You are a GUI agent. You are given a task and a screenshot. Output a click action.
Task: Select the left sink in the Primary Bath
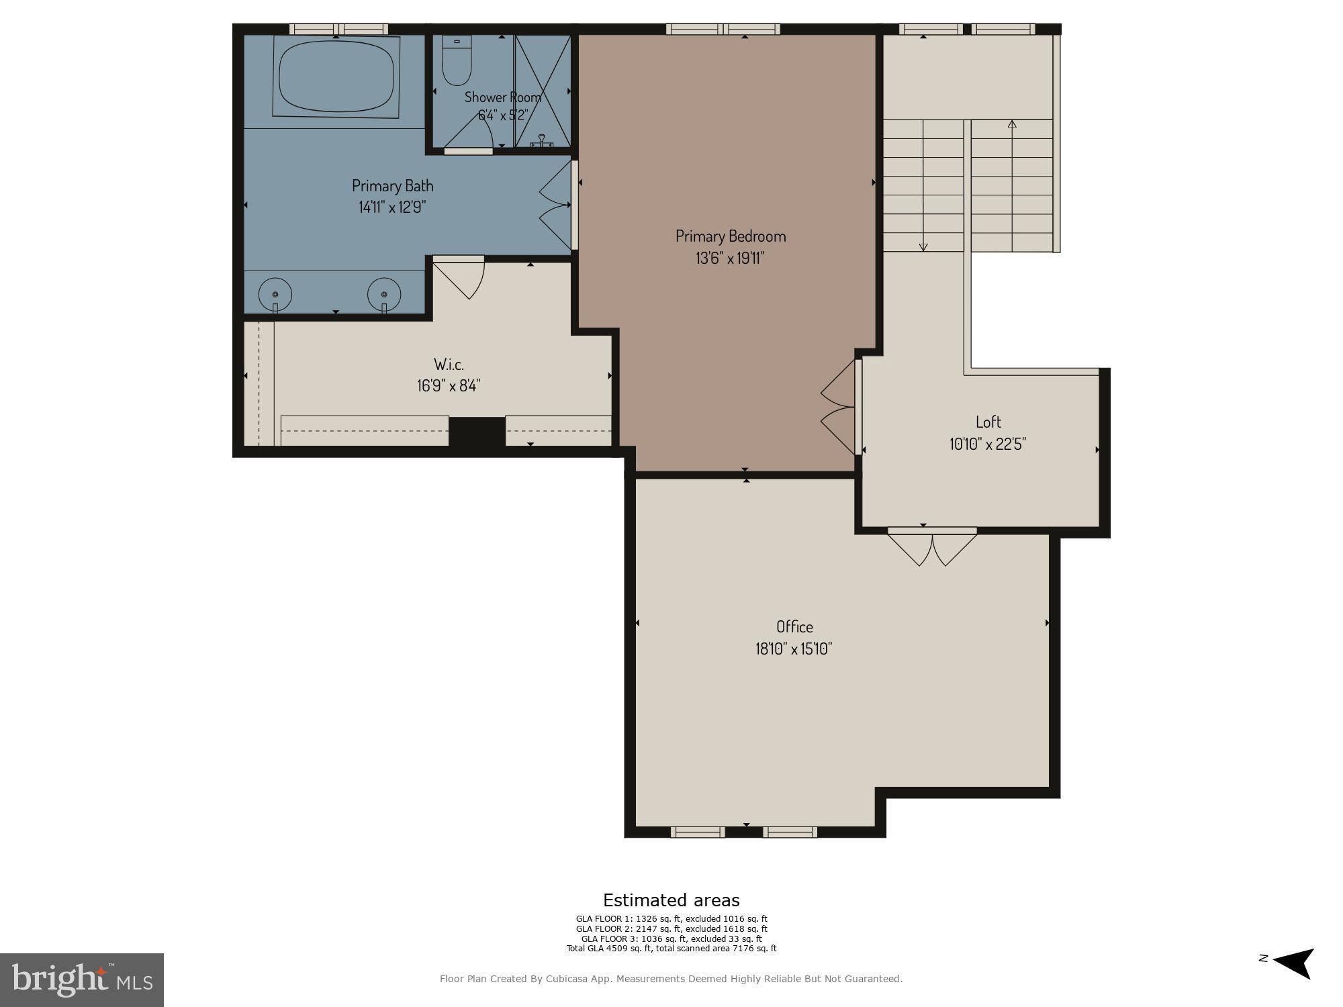point(275,294)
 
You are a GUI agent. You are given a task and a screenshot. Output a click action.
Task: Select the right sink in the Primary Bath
point(384,294)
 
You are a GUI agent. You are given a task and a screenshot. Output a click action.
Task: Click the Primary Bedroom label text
point(731,236)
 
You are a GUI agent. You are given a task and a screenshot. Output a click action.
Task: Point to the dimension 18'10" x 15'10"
point(794,649)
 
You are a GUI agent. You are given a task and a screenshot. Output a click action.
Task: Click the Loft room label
point(988,422)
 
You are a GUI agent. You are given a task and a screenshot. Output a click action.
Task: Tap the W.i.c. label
point(449,365)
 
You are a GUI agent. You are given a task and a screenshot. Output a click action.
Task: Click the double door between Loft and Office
point(932,546)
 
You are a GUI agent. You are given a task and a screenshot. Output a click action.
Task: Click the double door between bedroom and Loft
point(839,407)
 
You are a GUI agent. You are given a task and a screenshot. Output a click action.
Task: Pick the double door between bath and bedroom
point(557,205)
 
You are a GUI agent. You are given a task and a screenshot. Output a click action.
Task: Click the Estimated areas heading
point(671,900)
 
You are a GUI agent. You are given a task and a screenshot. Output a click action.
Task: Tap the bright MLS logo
point(82,979)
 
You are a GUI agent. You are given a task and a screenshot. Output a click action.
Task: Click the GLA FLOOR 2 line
point(671,929)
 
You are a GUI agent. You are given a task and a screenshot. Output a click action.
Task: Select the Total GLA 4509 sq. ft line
point(671,949)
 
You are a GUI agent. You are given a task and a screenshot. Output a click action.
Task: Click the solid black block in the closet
point(477,431)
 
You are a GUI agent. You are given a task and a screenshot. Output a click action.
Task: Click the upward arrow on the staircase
point(1012,124)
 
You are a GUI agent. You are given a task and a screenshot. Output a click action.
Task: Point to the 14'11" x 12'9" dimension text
point(392,207)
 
